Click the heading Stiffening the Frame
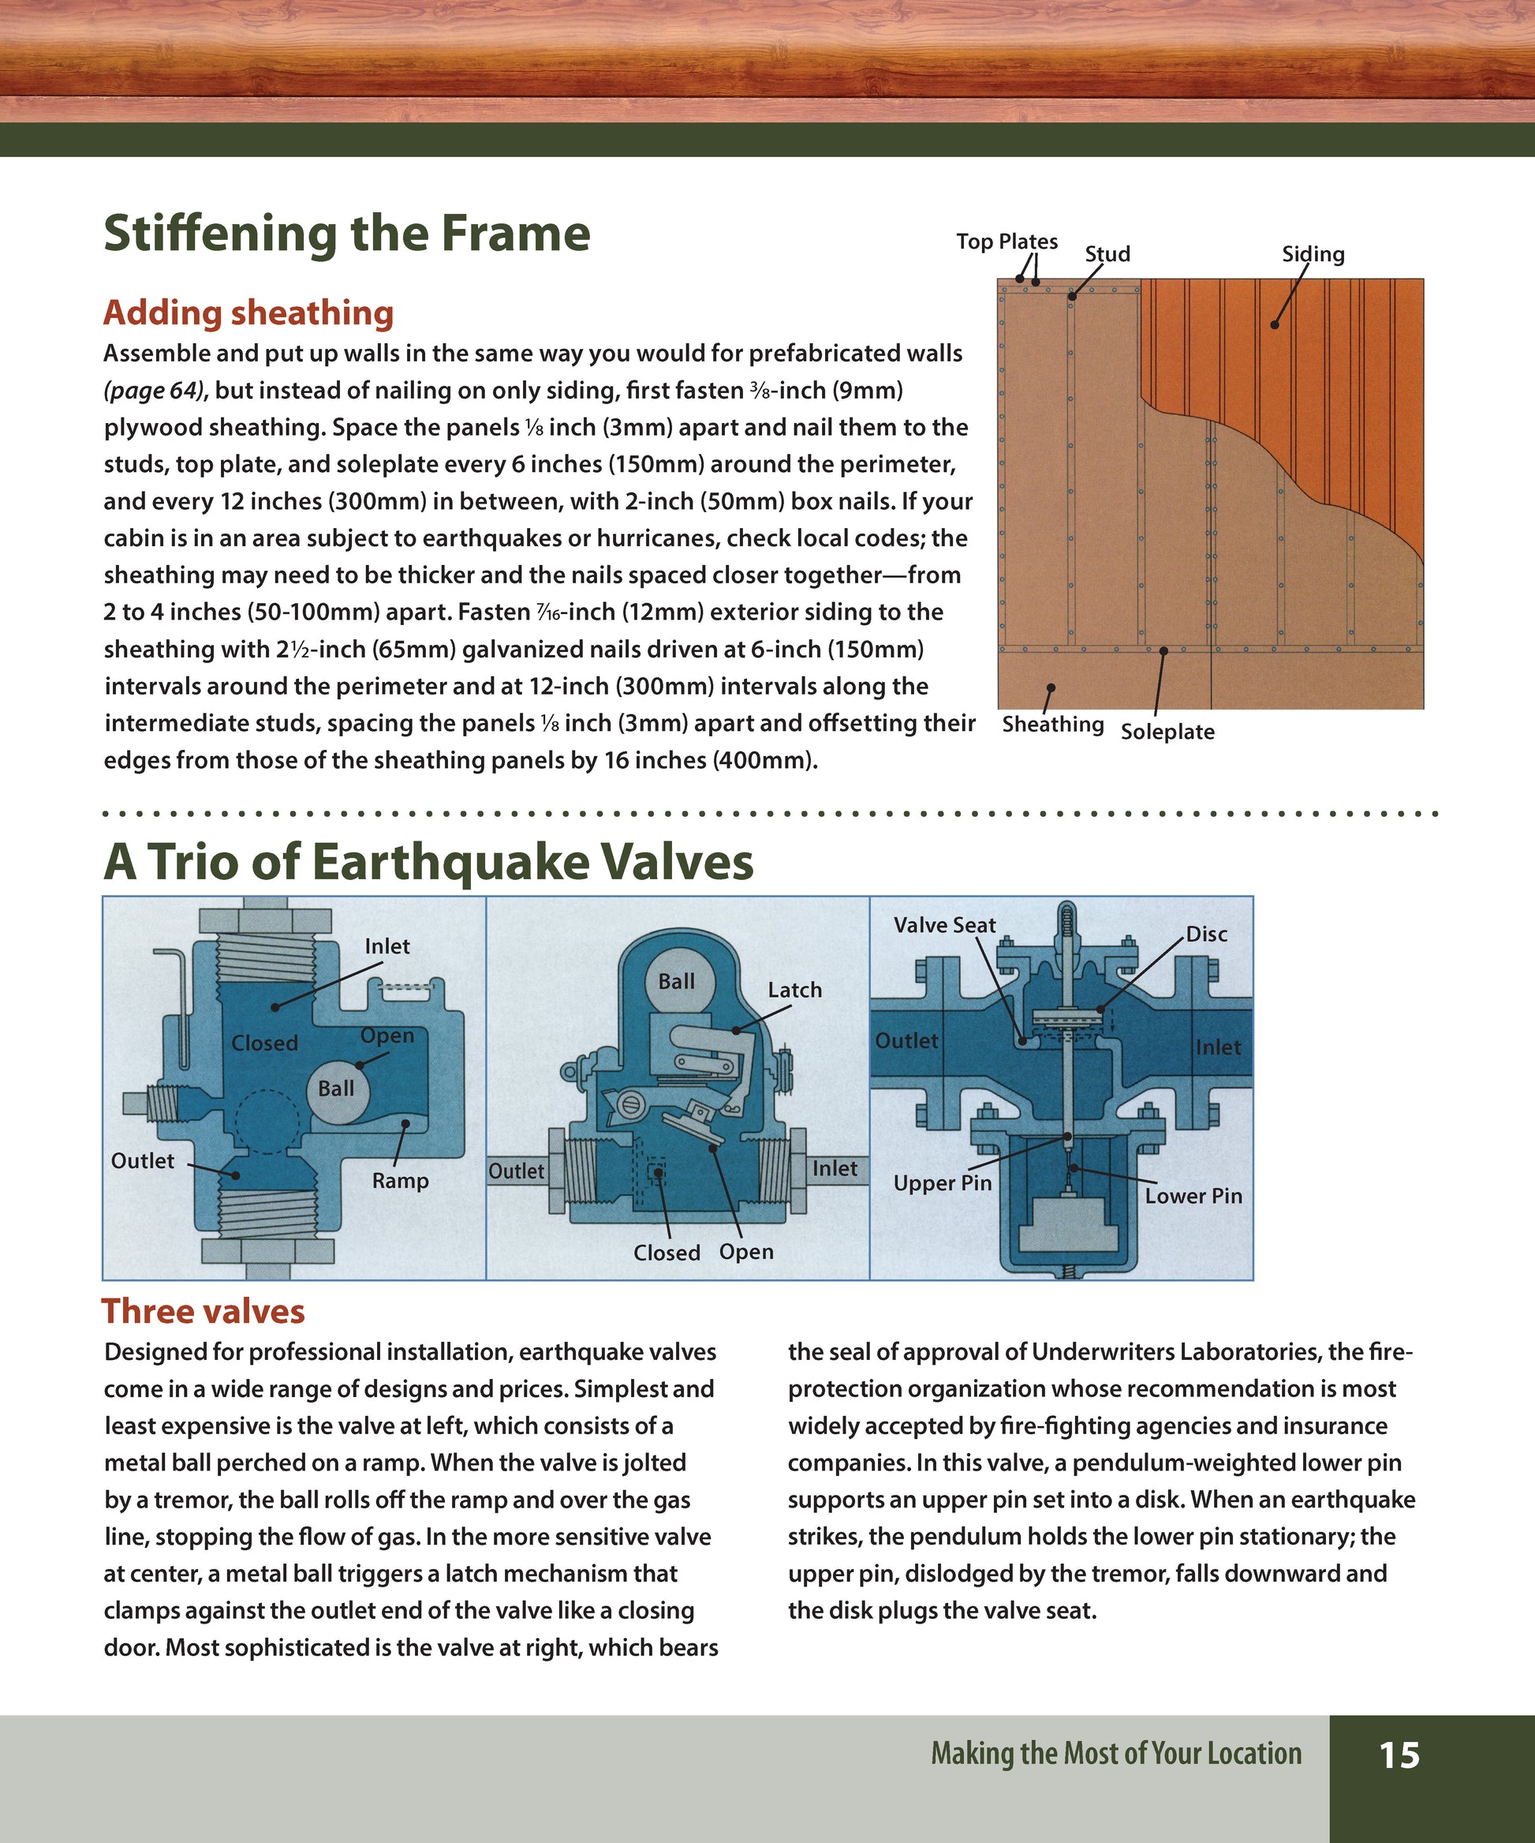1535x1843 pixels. click(x=346, y=234)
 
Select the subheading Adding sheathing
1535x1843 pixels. click(x=248, y=313)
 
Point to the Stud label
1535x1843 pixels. click(x=1107, y=254)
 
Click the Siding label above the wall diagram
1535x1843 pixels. click(x=1313, y=254)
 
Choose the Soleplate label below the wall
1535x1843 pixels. click(x=1167, y=732)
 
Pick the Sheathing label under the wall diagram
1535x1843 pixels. click(x=1052, y=724)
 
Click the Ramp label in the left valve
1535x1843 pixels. click(x=400, y=1181)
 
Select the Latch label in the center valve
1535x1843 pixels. click(x=794, y=990)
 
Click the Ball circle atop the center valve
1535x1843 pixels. click(x=676, y=981)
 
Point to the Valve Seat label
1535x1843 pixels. click(x=944, y=925)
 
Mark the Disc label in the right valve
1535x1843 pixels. click(x=1206, y=934)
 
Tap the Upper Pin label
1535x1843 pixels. click(x=942, y=1183)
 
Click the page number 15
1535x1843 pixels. click(x=1399, y=1755)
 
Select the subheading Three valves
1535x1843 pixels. click(x=204, y=1311)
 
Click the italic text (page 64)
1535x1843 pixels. click(x=152, y=391)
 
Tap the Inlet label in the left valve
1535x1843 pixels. click(x=387, y=946)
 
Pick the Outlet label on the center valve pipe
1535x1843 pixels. click(x=516, y=1171)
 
